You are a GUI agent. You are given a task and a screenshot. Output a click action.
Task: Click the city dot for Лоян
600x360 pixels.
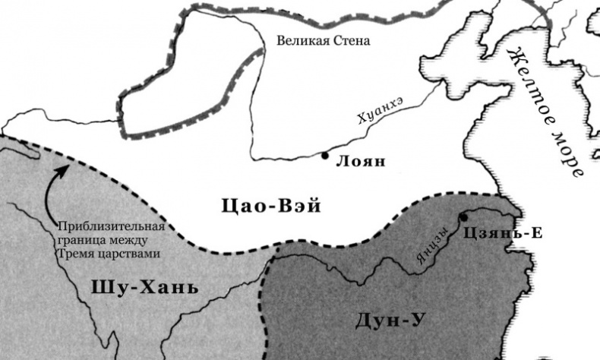click(325, 156)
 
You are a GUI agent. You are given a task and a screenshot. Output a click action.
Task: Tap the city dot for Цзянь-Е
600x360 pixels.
click(463, 217)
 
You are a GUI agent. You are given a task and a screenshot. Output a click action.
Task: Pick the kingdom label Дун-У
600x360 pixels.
click(390, 321)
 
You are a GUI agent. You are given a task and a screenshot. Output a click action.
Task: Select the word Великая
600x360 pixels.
click(299, 40)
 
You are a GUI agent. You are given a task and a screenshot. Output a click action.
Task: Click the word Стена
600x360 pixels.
click(352, 40)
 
